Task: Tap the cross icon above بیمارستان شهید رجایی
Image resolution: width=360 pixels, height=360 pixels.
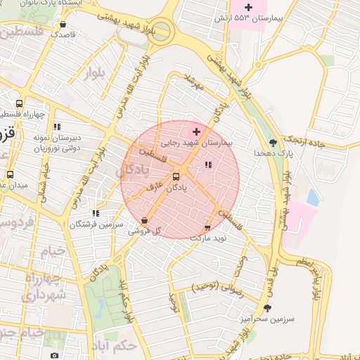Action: [x=196, y=131]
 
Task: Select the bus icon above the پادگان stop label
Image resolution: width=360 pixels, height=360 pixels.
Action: [x=176, y=177]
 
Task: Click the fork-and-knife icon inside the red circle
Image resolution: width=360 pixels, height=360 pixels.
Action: [x=207, y=165]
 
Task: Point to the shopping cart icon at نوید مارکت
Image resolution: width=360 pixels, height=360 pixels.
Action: [x=207, y=228]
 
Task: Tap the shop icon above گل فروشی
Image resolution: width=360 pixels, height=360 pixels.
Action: [x=144, y=220]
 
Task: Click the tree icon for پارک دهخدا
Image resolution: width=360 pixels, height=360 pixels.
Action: [x=273, y=142]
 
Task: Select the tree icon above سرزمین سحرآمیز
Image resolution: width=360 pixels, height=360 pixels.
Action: [x=266, y=307]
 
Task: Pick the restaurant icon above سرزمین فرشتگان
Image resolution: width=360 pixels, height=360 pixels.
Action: [x=96, y=213]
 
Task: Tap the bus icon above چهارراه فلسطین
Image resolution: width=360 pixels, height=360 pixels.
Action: [x=29, y=103]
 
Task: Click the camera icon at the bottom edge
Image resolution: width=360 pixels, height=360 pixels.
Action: [x=55, y=356]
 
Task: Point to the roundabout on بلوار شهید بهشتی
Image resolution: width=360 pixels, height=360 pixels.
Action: [x=162, y=30]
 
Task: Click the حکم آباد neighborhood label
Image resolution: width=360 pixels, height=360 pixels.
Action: [x=118, y=346]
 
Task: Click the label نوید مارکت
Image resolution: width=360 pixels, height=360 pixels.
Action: [x=207, y=238]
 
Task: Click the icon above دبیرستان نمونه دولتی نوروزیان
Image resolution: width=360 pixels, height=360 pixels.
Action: [x=57, y=127]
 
